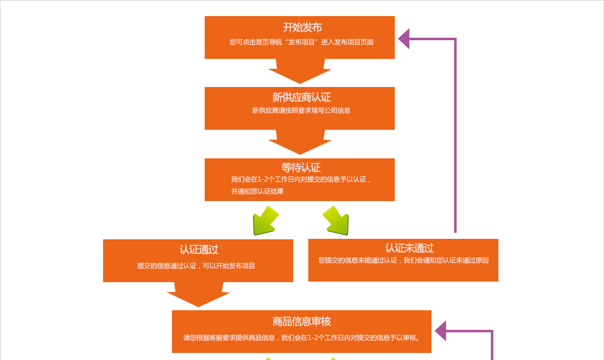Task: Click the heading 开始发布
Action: point(302,27)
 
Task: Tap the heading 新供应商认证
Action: point(301,98)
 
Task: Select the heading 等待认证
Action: point(301,167)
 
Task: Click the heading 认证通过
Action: point(199,249)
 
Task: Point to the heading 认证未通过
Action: point(409,248)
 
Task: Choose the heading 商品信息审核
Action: point(301,321)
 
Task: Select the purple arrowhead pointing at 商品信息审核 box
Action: point(441,331)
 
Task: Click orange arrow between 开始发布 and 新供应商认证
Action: point(300,72)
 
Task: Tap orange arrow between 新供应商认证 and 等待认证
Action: point(300,143)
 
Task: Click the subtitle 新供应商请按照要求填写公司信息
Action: point(301,111)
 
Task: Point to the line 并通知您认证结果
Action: point(257,192)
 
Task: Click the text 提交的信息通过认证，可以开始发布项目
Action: point(196,266)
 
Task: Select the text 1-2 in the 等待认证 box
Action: point(265,179)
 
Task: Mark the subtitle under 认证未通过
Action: point(403,260)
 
